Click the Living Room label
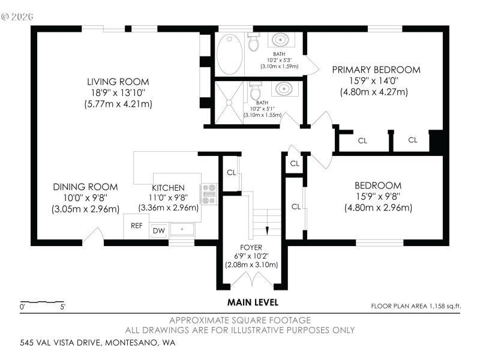click(118, 82)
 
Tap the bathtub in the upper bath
click(230, 54)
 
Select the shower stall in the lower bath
click(229, 103)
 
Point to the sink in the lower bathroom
click(284, 89)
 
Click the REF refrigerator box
click(136, 226)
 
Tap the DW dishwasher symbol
click(158, 230)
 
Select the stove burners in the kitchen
click(209, 194)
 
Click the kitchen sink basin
click(182, 229)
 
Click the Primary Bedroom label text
click(376, 70)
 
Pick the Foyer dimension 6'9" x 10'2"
click(251, 256)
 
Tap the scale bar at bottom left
click(42, 302)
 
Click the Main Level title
click(253, 302)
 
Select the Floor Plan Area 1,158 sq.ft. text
click(416, 306)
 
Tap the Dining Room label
click(85, 187)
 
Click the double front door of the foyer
click(251, 280)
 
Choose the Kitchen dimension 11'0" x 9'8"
click(169, 198)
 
